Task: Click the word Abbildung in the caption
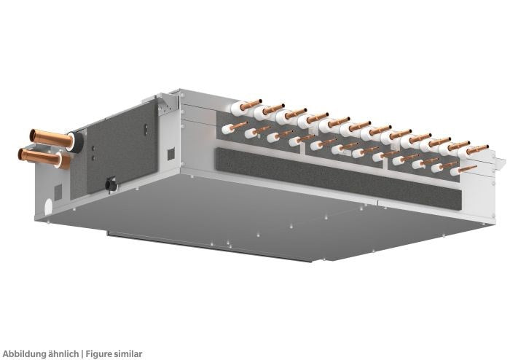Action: point(22,354)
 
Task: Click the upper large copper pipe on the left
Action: point(51,138)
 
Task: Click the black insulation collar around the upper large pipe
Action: point(76,142)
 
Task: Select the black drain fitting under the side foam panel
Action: point(111,184)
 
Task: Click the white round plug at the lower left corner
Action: point(48,206)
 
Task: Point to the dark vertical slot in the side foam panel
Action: point(146,130)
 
